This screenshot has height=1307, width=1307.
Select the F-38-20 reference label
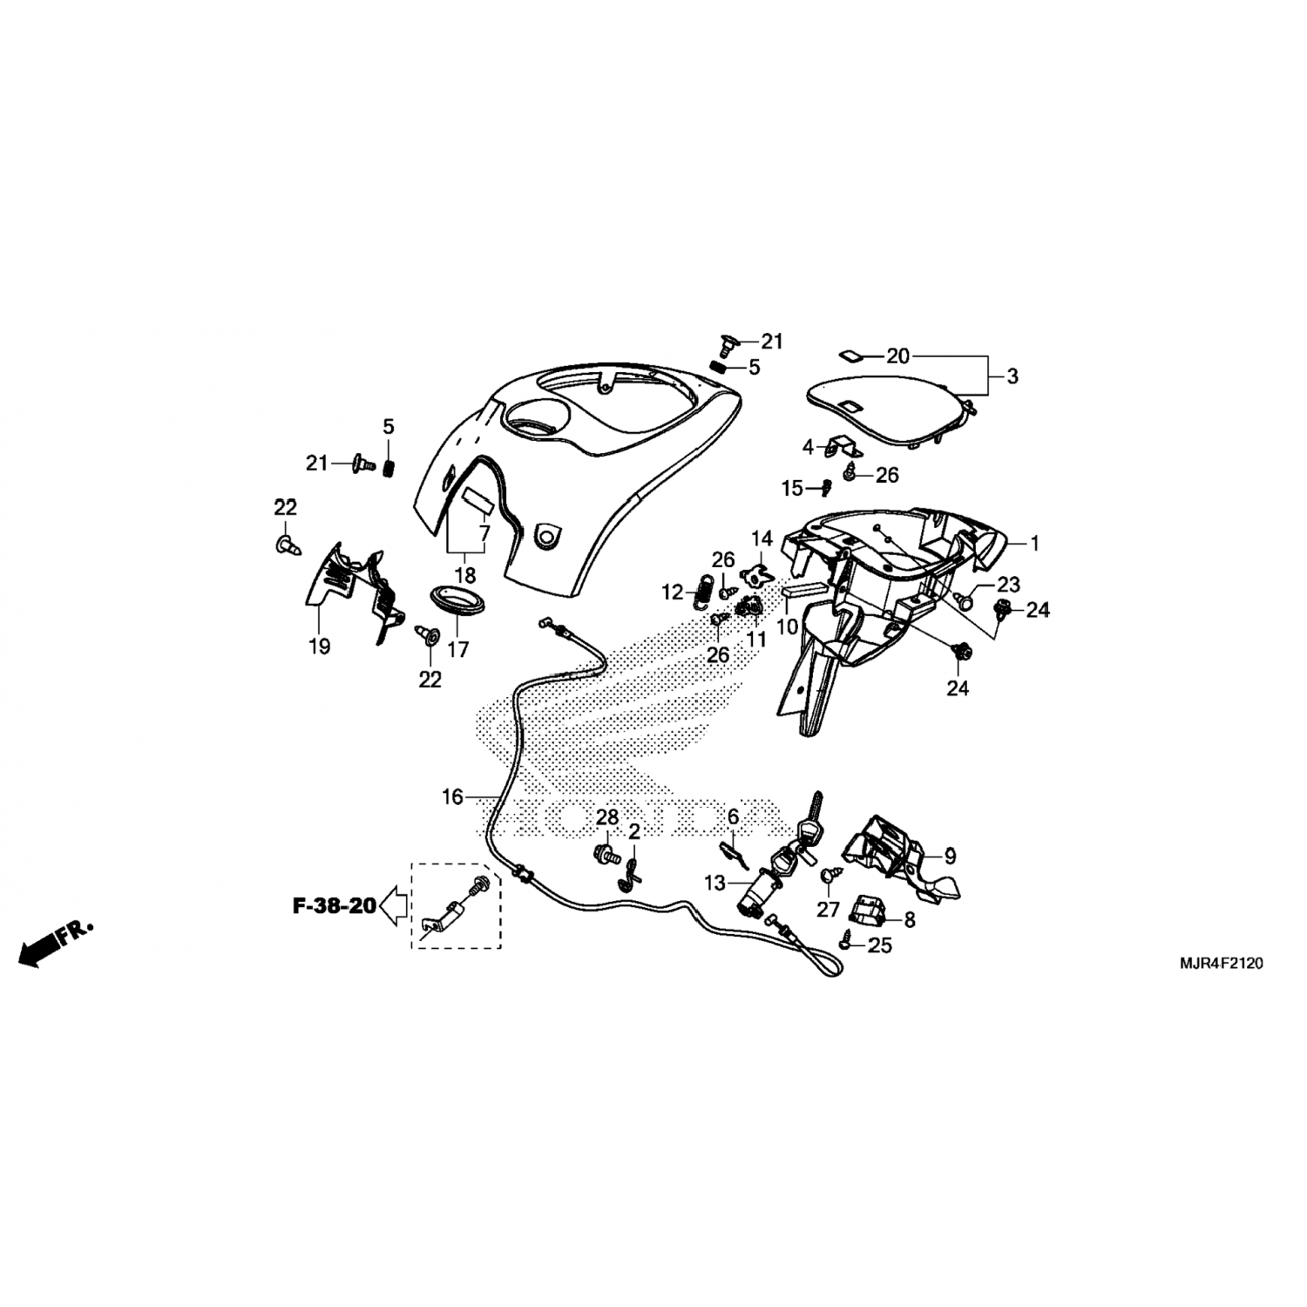coord(334,906)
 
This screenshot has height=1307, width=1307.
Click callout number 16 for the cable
coord(453,796)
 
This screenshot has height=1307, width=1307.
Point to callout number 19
coord(319,647)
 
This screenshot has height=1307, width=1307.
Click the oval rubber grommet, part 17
coord(458,601)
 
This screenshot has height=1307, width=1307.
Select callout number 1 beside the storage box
coord(1034,544)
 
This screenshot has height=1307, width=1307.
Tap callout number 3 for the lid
coord(1012,376)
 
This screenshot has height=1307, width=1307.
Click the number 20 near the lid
coord(897,356)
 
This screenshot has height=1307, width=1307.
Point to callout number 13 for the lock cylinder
coord(714,884)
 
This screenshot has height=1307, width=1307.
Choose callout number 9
coord(950,856)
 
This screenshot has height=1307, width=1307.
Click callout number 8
coord(910,918)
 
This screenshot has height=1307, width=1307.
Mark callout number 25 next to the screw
coord(881,945)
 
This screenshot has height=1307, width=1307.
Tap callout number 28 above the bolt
coord(607,817)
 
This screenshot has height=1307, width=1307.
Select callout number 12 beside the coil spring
coord(672,593)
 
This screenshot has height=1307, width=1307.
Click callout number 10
coord(787,626)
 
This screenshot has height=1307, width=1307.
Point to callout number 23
coord(1009,584)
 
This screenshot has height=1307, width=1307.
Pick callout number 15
coord(791,489)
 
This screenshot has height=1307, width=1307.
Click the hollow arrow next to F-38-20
coord(396,906)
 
